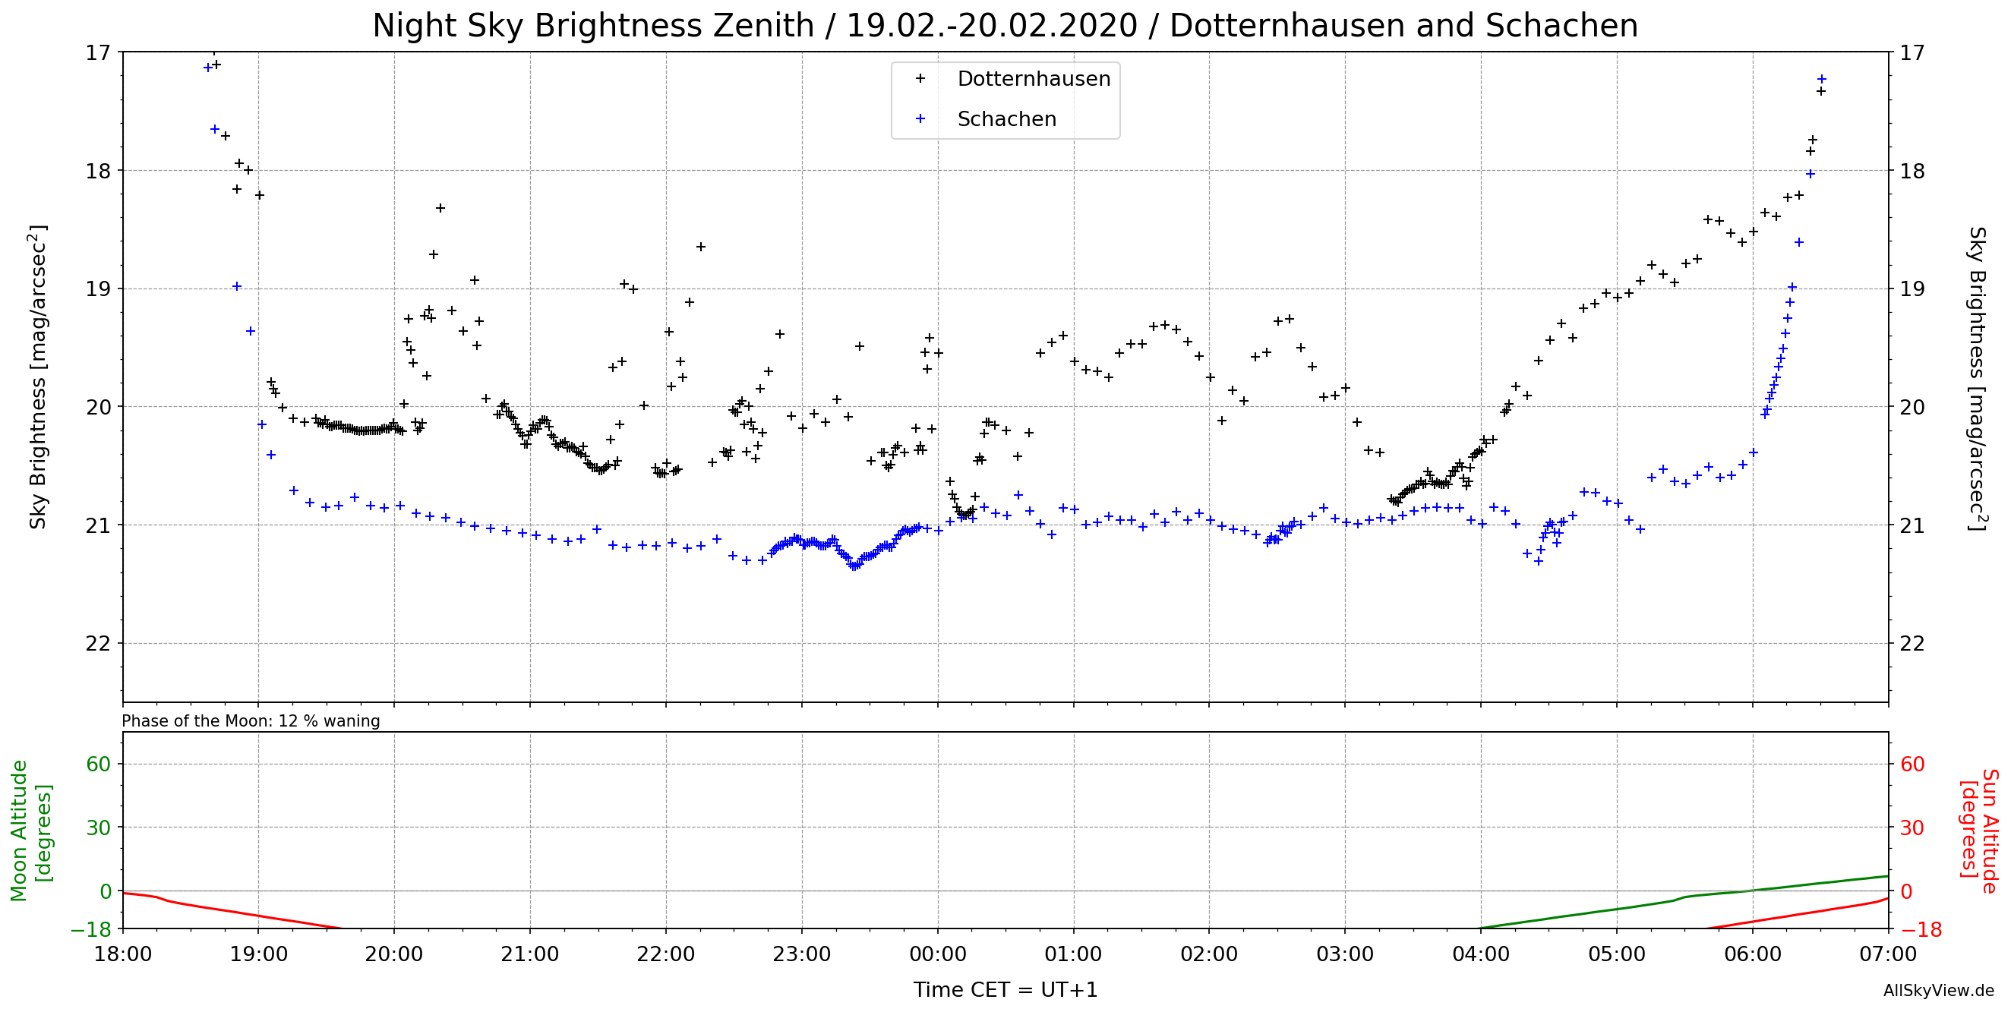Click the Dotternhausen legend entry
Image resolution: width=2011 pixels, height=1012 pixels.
[x=1033, y=79]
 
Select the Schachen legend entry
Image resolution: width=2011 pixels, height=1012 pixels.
[x=1006, y=119]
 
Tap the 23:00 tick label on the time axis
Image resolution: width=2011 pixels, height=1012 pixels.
[x=802, y=954]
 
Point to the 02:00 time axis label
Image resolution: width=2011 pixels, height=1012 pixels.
[x=1209, y=954]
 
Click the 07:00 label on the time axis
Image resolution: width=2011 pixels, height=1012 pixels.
[x=1888, y=954]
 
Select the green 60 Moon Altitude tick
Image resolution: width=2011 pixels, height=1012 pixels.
[x=99, y=764]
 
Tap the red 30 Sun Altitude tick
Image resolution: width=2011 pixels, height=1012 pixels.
[x=1911, y=828]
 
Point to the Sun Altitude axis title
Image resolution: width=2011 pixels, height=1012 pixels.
[x=1978, y=831]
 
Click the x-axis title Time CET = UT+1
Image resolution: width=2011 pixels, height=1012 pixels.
[x=1006, y=990]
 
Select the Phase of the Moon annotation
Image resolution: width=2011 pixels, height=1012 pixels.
[x=251, y=721]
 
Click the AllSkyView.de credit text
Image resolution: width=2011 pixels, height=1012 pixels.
[x=1938, y=991]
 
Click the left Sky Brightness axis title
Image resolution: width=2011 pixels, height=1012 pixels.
[x=38, y=377]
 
